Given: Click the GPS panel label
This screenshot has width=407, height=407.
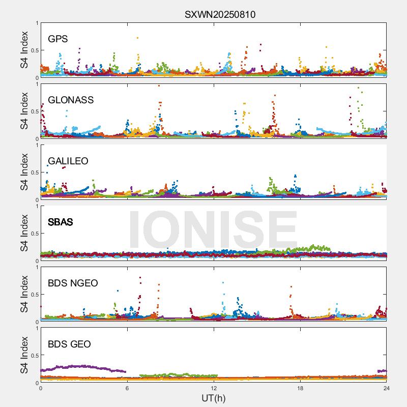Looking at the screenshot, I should pos(58,39).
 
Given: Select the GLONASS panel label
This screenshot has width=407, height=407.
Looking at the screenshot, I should pos(71,100).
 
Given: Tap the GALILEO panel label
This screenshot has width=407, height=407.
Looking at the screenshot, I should pos(68,161).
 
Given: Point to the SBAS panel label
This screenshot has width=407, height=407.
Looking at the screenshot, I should pos(61,222).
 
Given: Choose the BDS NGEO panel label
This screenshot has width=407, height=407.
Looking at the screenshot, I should pos(73,283).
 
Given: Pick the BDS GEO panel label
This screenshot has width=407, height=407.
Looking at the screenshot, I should pos(69,344).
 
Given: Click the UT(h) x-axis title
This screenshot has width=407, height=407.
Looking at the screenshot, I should pos(213,398).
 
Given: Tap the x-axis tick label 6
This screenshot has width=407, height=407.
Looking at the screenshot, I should pos(127,388).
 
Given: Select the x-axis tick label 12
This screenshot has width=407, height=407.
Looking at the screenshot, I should pos(214,388).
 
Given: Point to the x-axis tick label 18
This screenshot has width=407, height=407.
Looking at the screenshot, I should pos(300,388).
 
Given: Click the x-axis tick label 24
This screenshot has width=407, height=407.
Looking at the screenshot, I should pos(387,388).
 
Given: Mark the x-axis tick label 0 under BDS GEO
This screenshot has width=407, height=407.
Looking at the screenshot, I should pos(41,388).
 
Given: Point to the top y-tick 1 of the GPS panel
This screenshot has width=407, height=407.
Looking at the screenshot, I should pos(37,23).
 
